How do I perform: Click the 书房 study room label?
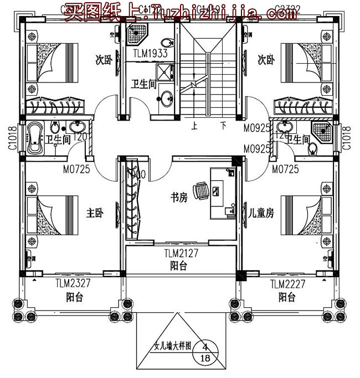click(x=178, y=197)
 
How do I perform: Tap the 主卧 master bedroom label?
click(x=95, y=213)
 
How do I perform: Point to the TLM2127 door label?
click(x=182, y=255)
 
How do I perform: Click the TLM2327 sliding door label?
click(x=73, y=284)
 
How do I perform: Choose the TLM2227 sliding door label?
click(x=287, y=284)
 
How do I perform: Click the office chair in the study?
click(x=202, y=190)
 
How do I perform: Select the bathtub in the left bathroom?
click(x=34, y=139)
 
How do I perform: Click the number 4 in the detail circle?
click(x=205, y=347)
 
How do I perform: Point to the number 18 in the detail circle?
click(x=205, y=359)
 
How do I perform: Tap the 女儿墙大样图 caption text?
click(x=172, y=347)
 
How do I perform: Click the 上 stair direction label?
click(x=195, y=126)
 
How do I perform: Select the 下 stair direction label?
click(x=223, y=126)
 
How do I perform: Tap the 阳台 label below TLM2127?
click(x=178, y=266)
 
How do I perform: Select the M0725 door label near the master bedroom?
click(x=76, y=169)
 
